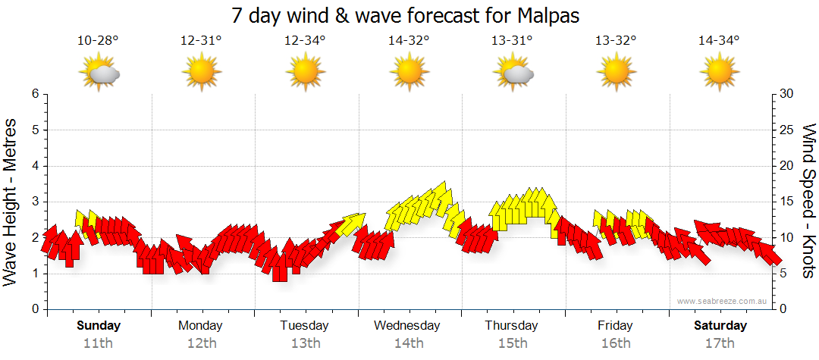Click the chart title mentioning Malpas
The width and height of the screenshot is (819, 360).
click(x=409, y=15)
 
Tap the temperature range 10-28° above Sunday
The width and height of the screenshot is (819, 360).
click(x=98, y=41)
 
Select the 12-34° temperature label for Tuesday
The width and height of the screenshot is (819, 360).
click(x=305, y=41)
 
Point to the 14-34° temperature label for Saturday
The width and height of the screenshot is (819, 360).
click(x=719, y=41)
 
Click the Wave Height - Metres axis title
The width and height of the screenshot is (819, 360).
click(x=11, y=201)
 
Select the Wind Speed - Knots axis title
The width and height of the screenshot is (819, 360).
click(x=808, y=201)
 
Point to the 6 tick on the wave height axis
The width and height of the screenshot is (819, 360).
click(x=35, y=94)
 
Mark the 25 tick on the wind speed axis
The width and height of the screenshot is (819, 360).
click(x=787, y=130)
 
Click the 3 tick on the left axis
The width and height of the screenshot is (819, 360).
click(x=35, y=202)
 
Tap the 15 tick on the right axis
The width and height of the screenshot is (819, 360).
click(x=787, y=202)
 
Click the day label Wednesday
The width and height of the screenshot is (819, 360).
click(x=407, y=326)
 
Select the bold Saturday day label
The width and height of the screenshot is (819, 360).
click(x=721, y=326)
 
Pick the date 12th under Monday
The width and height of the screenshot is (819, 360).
click(x=201, y=343)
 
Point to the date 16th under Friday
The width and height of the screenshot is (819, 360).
click(x=615, y=343)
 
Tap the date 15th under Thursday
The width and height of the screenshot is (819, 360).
click(x=512, y=343)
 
